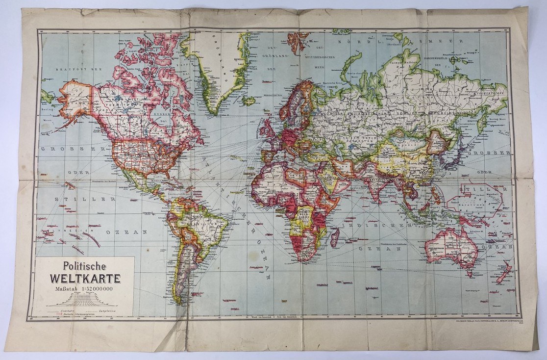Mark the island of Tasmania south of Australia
click(469, 272)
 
